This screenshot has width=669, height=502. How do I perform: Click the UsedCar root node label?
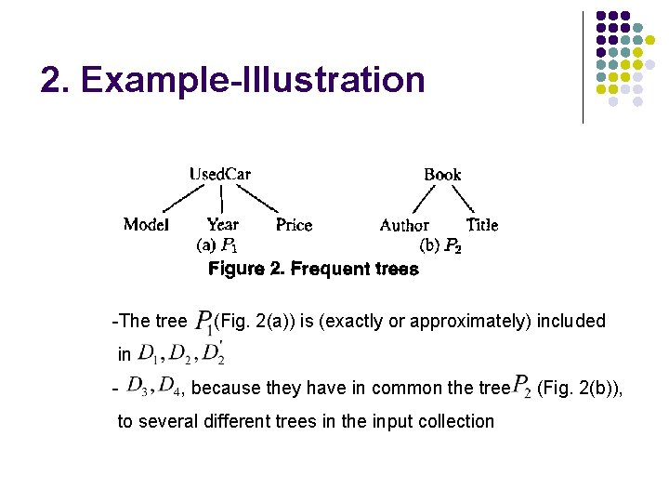(220, 174)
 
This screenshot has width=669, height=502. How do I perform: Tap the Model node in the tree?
(146, 224)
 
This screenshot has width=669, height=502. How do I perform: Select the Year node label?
(223, 224)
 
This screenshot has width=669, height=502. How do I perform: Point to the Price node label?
(294, 225)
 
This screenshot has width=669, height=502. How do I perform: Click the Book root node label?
(442, 175)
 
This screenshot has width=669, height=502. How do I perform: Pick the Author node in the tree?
(404, 225)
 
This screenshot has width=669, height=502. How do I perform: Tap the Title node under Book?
(482, 224)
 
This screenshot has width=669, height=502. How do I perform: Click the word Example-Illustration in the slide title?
(252, 81)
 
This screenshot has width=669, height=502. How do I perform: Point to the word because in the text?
(227, 388)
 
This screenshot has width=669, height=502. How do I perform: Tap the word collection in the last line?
(448, 421)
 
